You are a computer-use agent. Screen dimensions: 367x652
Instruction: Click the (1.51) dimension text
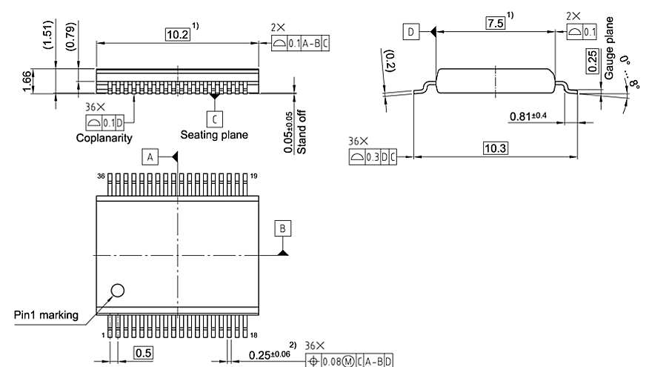click(48, 35)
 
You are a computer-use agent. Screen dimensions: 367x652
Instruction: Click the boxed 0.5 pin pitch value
click(144, 354)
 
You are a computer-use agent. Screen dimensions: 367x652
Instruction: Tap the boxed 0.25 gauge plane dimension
click(592, 60)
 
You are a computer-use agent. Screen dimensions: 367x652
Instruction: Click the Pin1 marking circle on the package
click(116, 291)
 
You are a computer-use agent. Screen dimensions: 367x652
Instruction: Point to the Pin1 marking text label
click(46, 315)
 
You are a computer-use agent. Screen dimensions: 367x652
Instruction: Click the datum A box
click(151, 156)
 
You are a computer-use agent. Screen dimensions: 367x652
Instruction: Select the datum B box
click(282, 228)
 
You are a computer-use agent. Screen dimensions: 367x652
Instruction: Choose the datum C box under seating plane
click(214, 119)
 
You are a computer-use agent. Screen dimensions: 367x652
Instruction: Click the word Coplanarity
click(104, 138)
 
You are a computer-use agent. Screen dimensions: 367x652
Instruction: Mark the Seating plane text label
click(214, 135)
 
